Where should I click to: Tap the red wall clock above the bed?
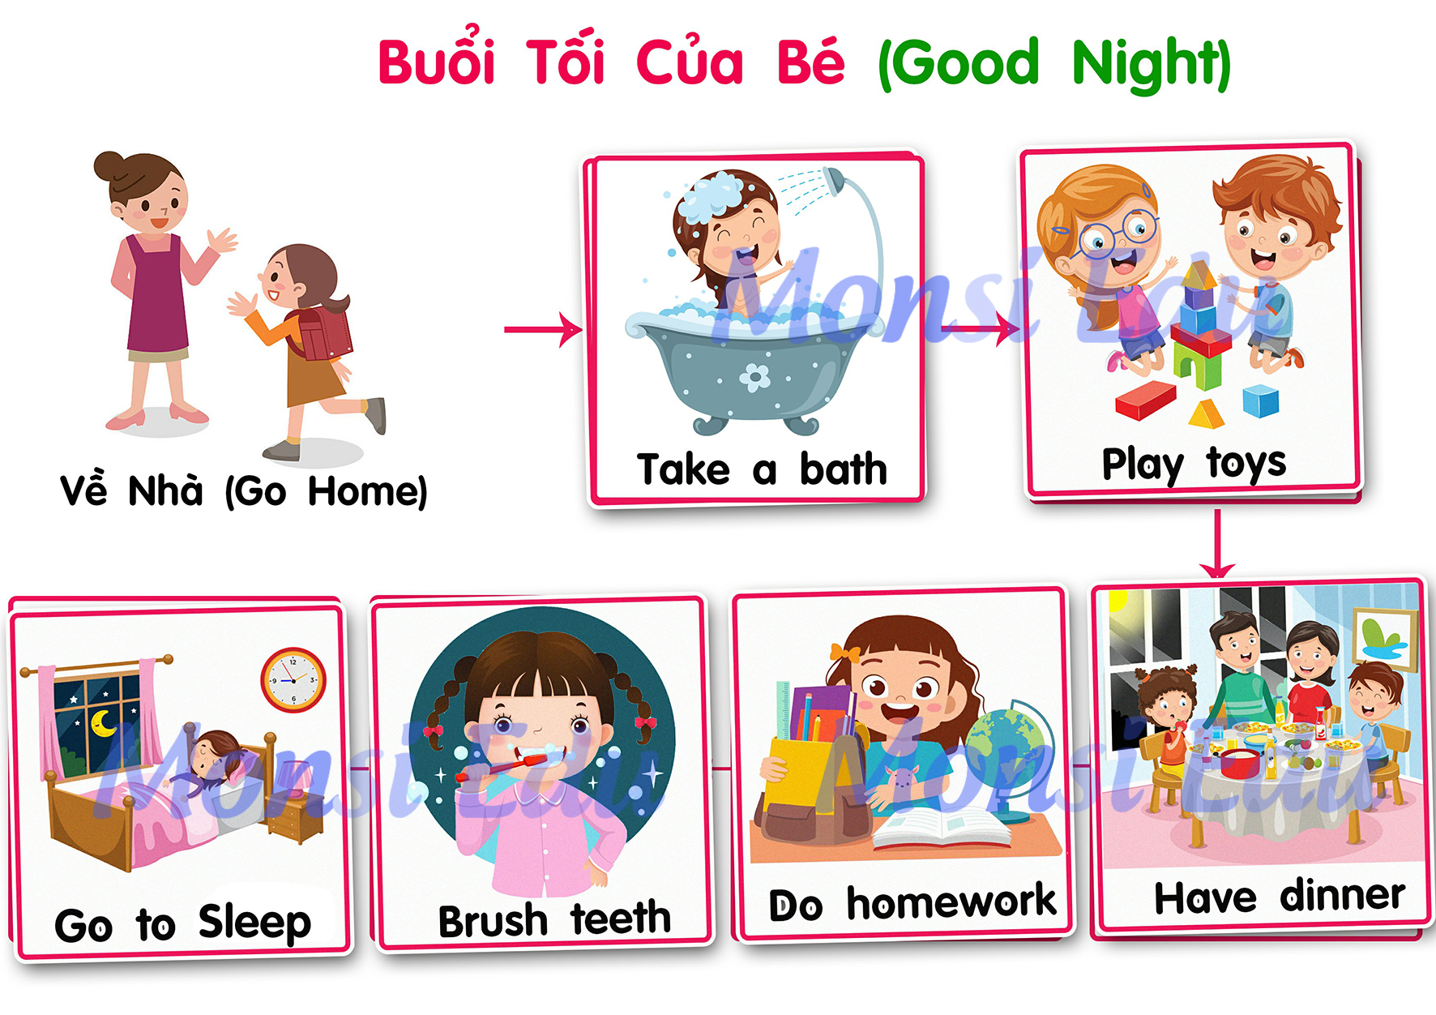pos(293,679)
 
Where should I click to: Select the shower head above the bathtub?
pos(835,179)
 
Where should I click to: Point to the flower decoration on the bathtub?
pos(754,377)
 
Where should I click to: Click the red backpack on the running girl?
pos(324,332)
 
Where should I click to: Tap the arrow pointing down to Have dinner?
pos(1216,543)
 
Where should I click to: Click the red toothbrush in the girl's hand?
pos(502,766)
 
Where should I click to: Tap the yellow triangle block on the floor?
pos(1207,413)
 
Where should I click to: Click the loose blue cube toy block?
pos(1260,401)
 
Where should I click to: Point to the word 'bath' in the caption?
pos(843,469)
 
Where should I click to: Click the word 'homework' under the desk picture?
pos(951,902)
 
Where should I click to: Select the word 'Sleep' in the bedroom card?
pos(254,923)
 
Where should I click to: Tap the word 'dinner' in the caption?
pos(1342,895)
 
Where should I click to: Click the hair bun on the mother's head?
pos(108,166)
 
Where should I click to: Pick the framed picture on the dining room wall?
pos(1385,640)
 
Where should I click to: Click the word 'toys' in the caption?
pos(1246,464)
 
